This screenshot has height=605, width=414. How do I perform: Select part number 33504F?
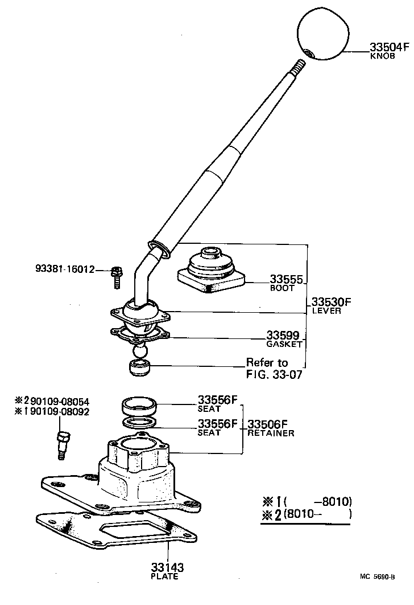tap(390, 48)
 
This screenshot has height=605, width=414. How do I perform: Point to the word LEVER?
tap(326, 311)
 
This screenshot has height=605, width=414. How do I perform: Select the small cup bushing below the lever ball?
tap(139, 368)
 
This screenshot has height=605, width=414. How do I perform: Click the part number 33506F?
tap(268, 424)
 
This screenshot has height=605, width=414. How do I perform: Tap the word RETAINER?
tap(271, 433)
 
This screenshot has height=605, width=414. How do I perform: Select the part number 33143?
tap(167, 567)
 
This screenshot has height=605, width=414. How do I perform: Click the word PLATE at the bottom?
tap(165, 577)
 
